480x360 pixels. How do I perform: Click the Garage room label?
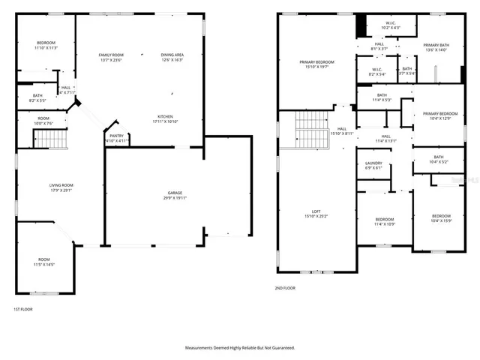[175, 196]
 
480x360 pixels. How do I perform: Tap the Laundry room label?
[373, 166]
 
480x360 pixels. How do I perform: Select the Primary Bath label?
[435, 48]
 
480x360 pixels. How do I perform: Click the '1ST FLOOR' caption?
[23, 309]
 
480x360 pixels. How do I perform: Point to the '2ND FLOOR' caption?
[285, 287]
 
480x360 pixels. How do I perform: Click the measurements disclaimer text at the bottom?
[240, 348]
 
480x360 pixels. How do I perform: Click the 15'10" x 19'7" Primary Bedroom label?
[316, 64]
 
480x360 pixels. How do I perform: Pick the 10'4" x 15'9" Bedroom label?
[440, 217]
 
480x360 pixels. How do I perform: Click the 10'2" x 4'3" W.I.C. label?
[391, 25]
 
